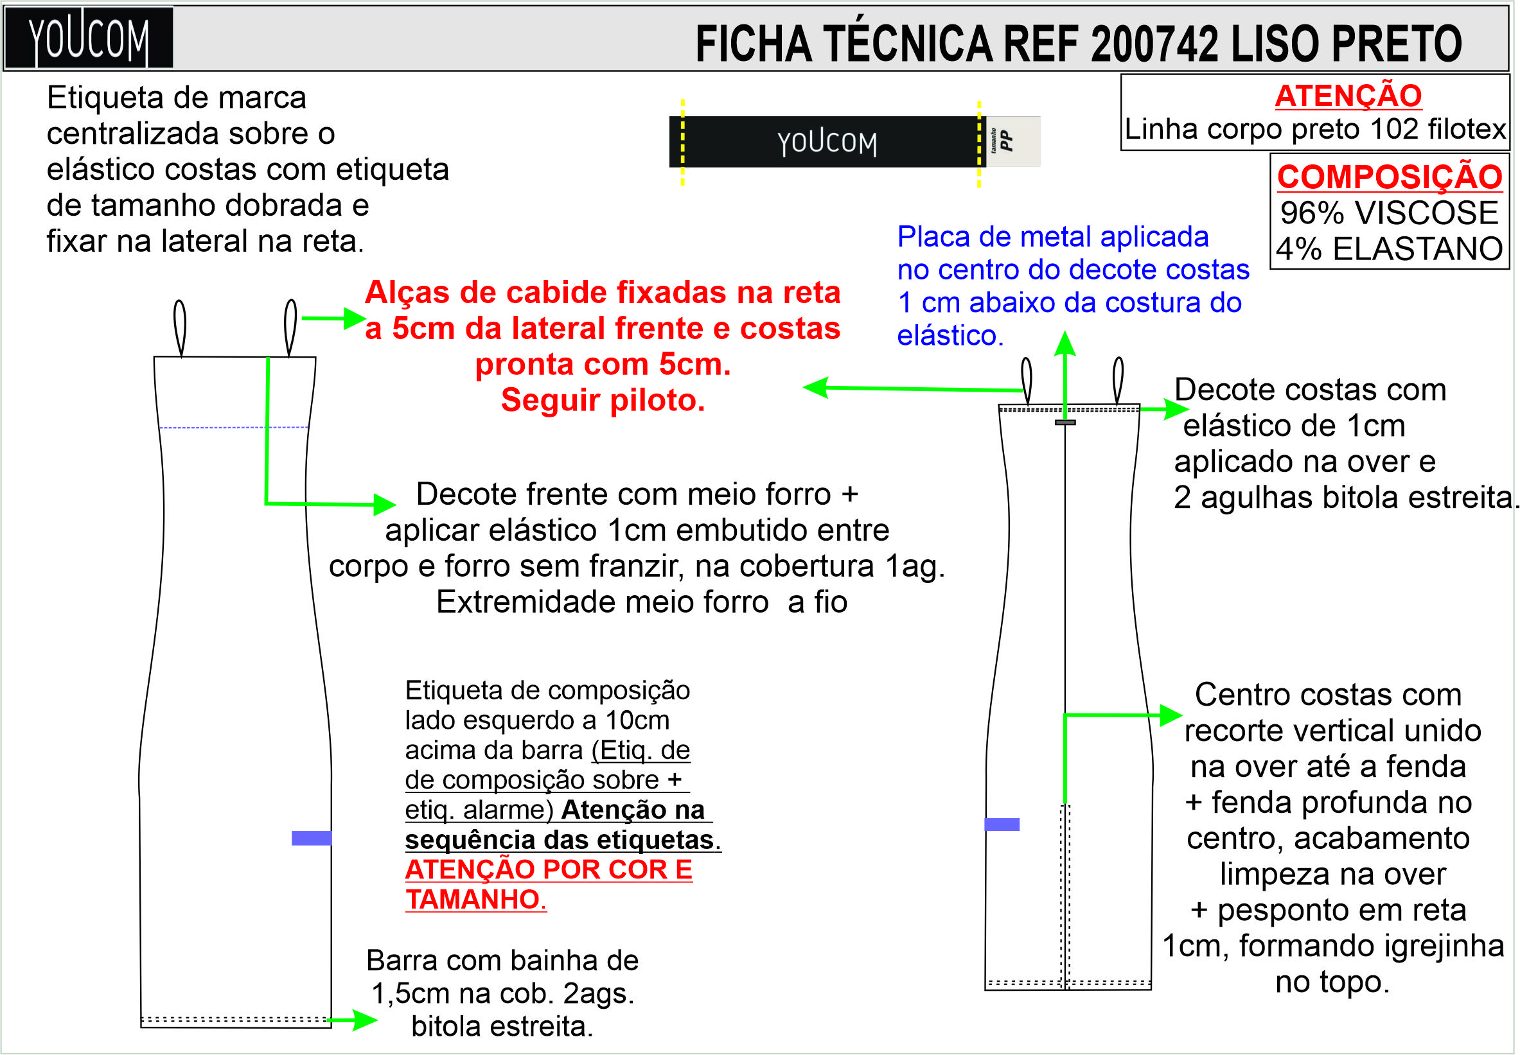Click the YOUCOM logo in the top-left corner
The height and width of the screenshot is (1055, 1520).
(x=89, y=38)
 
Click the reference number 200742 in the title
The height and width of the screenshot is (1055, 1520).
(x=1154, y=44)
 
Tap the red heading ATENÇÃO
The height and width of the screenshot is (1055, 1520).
(x=1347, y=96)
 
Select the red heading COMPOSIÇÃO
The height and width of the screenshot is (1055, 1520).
(x=1389, y=177)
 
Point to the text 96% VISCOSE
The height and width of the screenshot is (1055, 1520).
(x=1388, y=213)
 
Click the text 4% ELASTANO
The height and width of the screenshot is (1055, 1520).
(x=1389, y=249)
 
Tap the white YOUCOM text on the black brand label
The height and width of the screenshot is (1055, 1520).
(x=826, y=143)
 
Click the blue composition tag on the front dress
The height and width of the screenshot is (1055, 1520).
(x=312, y=838)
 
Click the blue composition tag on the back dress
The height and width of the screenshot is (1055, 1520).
(x=1001, y=824)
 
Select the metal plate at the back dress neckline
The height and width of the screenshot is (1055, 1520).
(x=1065, y=423)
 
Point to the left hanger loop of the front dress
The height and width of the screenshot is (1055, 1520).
(x=180, y=327)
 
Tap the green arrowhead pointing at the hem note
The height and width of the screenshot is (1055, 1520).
(x=366, y=1019)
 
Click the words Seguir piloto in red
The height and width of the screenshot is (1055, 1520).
(x=603, y=401)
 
